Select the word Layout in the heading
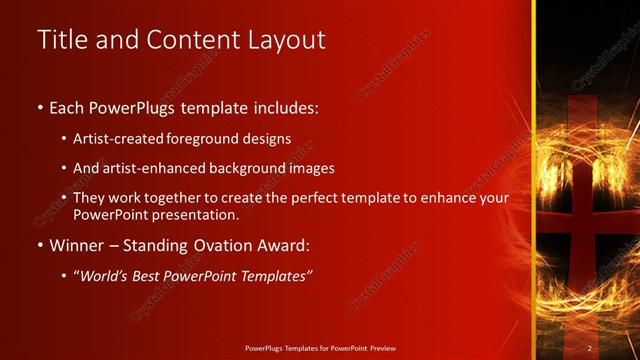(285, 40)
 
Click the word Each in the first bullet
(69, 107)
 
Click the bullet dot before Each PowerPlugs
(40, 108)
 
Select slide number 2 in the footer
(590, 347)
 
